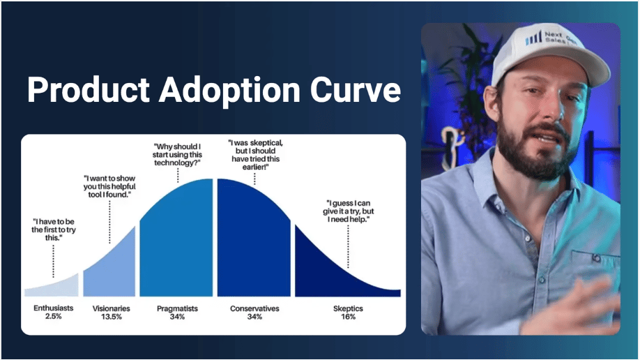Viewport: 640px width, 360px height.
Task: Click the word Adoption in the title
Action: [230, 90]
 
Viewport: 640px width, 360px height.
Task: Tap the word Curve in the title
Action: [356, 89]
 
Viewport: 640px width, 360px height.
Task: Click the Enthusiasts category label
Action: [54, 308]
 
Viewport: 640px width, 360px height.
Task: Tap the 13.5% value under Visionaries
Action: [112, 317]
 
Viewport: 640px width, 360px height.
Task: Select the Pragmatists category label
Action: [177, 308]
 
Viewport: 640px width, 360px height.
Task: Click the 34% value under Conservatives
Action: [254, 317]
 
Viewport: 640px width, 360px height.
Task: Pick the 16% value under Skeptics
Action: [348, 317]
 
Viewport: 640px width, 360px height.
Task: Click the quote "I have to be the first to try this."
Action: [54, 230]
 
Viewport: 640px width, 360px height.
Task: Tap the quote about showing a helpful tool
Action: [109, 187]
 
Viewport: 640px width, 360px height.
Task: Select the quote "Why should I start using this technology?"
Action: [177, 155]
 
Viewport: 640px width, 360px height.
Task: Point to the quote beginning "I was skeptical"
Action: [255, 155]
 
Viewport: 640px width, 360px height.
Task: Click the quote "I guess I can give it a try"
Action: [348, 211]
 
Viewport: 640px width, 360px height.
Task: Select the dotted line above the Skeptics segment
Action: [348, 247]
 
